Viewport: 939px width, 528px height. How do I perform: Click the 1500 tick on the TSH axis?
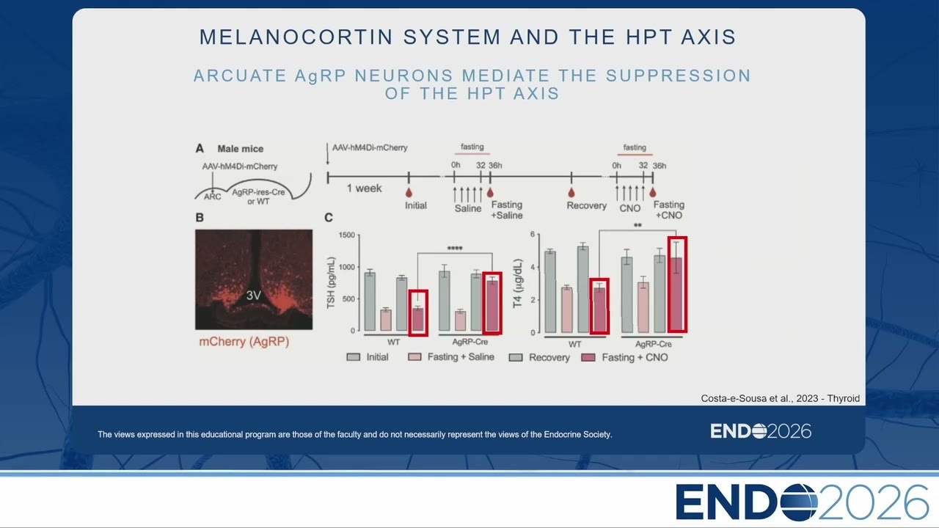pyautogui.click(x=347, y=235)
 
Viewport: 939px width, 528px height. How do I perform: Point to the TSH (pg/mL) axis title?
pyautogui.click(x=331, y=283)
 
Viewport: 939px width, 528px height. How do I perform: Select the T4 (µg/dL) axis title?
pyautogui.click(x=518, y=283)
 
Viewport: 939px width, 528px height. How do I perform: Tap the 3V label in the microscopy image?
pyautogui.click(x=253, y=296)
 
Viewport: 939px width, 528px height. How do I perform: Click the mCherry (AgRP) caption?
pyautogui.click(x=244, y=342)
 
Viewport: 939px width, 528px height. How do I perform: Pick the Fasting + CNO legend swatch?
pyautogui.click(x=588, y=357)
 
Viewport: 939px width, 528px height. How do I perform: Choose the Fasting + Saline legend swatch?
pyautogui.click(x=414, y=357)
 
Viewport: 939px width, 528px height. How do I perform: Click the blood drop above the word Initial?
pyautogui.click(x=409, y=192)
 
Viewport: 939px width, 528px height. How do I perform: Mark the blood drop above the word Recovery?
pyautogui.click(x=571, y=192)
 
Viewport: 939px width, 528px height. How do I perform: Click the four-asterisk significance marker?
pyautogui.click(x=455, y=249)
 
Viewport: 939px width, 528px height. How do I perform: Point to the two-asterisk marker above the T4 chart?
pyautogui.click(x=637, y=225)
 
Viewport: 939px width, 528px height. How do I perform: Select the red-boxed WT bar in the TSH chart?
pyautogui.click(x=418, y=313)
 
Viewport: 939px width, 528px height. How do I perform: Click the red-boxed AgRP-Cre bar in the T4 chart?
pyautogui.click(x=677, y=285)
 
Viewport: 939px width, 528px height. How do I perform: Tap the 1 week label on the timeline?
pyautogui.click(x=364, y=188)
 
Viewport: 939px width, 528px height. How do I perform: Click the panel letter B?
pyautogui.click(x=200, y=218)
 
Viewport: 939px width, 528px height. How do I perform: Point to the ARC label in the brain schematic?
pyautogui.click(x=213, y=197)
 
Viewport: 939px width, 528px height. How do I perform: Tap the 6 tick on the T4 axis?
pyautogui.click(x=533, y=234)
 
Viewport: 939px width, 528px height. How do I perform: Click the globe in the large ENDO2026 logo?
pyautogui.click(x=799, y=502)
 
